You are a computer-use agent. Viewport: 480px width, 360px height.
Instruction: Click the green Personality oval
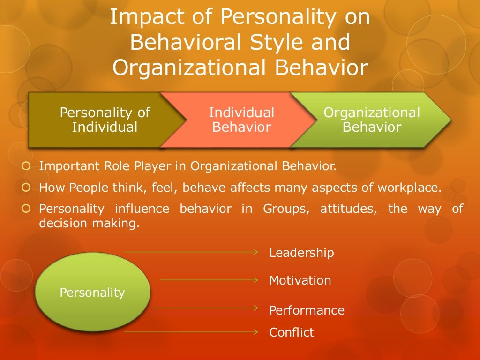(92, 292)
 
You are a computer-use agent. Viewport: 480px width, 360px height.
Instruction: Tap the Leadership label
(301, 253)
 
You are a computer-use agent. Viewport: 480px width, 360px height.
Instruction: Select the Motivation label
(300, 280)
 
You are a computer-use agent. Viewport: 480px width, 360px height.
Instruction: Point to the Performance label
(307, 310)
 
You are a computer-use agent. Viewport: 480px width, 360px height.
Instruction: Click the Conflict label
(292, 332)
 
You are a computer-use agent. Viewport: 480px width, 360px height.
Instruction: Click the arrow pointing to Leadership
(191, 252)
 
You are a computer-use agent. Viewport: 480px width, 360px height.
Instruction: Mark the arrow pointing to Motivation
(209, 280)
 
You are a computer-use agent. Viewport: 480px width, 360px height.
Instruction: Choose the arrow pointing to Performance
(204, 308)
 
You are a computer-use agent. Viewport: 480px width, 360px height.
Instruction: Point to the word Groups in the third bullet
(281, 209)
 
